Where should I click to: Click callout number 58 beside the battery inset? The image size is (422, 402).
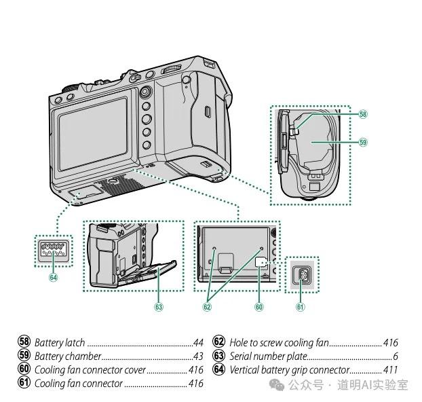(363, 115)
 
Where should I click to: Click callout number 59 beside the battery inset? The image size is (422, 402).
(363, 143)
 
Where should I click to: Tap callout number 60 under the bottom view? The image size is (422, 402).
(258, 307)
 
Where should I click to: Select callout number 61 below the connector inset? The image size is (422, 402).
(301, 307)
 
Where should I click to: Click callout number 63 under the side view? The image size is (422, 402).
(159, 307)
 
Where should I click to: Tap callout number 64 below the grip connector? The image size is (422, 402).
(53, 276)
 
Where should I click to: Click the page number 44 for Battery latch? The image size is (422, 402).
(199, 343)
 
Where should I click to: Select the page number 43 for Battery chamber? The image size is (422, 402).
(199, 357)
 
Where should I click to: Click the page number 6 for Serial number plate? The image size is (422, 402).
(395, 357)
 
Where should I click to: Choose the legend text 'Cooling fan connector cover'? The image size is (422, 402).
(90, 370)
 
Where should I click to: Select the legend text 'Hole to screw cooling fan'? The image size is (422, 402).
(279, 343)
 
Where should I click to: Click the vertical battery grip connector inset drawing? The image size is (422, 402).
(52, 251)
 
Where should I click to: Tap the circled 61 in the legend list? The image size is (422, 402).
(24, 384)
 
